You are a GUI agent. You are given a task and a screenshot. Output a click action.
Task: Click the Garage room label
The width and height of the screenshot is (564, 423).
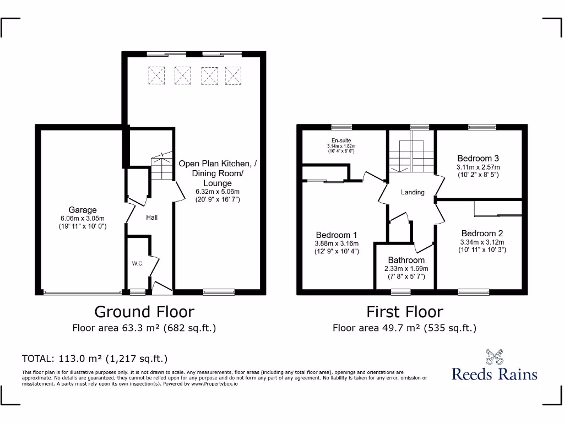pos(83,210)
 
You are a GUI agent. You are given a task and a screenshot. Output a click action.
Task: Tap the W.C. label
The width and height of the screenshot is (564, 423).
pos(138,264)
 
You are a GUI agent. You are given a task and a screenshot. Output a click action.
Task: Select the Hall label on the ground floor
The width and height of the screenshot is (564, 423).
pos(152,218)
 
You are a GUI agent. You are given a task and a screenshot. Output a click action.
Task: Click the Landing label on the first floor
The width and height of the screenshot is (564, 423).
pos(413,192)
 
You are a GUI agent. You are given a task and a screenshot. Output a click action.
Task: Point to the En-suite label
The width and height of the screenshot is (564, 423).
pos(341,140)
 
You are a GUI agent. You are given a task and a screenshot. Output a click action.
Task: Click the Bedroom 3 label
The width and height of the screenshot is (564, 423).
pos(478,159)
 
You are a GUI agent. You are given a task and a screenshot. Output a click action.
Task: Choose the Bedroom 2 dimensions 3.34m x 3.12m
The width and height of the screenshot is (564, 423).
pos(482,242)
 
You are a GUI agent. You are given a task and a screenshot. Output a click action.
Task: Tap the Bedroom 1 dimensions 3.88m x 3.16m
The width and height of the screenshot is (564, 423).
pos(337,243)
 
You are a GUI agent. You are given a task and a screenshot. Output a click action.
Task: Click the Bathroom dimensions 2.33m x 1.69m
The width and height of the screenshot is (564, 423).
pos(406,269)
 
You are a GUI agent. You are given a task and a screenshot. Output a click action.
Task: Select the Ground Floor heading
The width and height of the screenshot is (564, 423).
pos(144,312)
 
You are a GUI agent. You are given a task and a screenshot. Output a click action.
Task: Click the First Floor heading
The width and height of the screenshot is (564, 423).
pos(405,312)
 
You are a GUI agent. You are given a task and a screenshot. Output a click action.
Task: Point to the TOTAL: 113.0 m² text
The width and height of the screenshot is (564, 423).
pos(94,359)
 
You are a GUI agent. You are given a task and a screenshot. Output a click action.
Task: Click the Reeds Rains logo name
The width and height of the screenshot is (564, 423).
pos(494,375)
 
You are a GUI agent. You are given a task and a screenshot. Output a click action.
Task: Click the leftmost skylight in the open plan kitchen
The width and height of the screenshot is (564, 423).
pos(156,74)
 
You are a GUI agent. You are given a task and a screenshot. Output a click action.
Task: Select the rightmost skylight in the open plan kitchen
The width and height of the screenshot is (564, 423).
pos(234,74)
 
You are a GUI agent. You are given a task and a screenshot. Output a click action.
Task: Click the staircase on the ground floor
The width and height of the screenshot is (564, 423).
pos(161,166)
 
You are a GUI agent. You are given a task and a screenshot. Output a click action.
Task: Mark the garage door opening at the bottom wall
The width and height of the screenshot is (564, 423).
pos(83,292)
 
